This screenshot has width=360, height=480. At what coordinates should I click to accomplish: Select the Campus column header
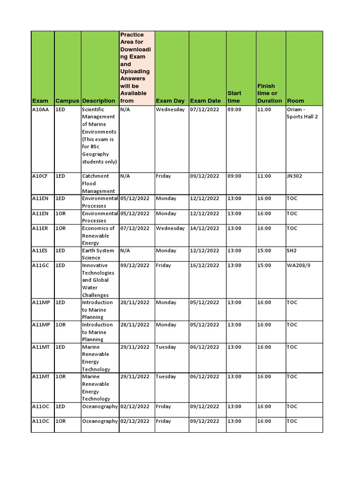67,101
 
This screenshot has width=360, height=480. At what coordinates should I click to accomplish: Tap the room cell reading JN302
296,176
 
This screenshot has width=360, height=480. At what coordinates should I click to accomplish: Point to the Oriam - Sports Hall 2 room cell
302,113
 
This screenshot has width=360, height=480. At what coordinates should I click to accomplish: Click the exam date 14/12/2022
204,228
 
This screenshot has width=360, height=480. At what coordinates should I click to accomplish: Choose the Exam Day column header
170,101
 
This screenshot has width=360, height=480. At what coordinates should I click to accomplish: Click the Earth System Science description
98,254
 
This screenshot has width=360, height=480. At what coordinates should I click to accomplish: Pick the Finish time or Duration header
270,93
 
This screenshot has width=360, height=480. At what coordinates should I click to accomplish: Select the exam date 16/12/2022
204,265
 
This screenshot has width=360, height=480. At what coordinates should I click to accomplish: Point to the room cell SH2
292,251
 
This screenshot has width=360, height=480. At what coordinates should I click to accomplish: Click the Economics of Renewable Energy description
98,236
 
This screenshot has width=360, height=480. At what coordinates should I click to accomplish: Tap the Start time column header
233,97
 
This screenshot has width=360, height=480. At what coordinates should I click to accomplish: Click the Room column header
295,101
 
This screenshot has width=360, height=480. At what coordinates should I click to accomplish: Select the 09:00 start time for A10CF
234,176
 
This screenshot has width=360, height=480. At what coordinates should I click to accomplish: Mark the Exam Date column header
205,101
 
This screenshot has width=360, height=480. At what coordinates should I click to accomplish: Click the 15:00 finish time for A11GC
264,265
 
